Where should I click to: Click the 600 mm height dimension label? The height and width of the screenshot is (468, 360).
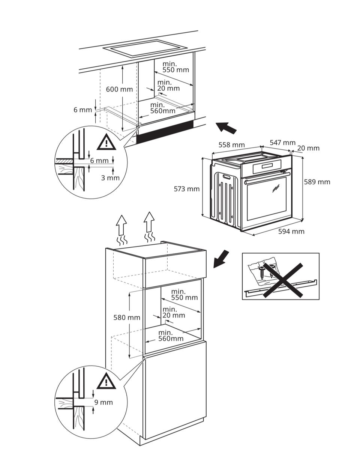pos(119,89)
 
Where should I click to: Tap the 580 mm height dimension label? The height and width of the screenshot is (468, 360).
pos(127,318)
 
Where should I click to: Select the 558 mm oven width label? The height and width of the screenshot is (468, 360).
pos(231,145)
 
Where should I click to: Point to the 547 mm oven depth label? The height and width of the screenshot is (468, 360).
pos(282,143)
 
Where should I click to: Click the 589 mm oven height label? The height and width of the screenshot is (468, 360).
pos(317,182)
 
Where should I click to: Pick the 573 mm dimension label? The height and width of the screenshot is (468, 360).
pos(186,189)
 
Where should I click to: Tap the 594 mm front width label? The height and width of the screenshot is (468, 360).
pos(291,231)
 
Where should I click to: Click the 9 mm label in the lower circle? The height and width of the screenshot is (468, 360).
pos(103,402)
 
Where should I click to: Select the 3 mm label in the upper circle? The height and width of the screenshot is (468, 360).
pos(110,178)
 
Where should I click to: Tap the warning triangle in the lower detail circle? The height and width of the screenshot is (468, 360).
pos(106,382)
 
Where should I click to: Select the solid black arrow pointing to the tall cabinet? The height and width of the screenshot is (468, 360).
pos(221,259)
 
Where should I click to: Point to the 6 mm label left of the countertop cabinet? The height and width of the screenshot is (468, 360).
pos(82,110)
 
